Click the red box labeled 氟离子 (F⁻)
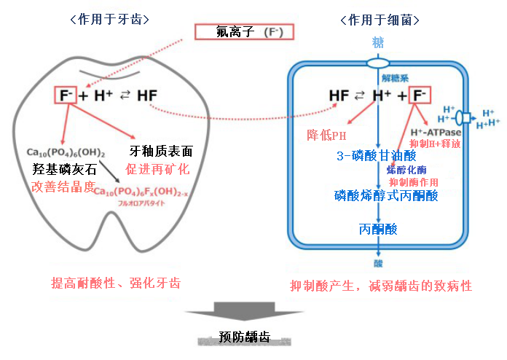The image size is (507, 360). pos(243,33)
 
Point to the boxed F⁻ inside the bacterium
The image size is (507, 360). pos(420,95)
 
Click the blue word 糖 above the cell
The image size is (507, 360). pos(378,42)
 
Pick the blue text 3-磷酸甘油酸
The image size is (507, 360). pos(376,155)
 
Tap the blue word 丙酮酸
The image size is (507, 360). pos(378,229)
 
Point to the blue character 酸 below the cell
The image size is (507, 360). pos(378,264)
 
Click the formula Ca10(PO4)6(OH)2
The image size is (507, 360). pos(66,152)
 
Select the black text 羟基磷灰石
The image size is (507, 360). pos(64,169)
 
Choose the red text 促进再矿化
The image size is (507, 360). pos(157,169)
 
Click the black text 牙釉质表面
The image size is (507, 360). pos(161,152)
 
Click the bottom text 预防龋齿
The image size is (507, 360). pos(245,337)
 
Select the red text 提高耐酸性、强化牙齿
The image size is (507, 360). pos(116,282)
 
